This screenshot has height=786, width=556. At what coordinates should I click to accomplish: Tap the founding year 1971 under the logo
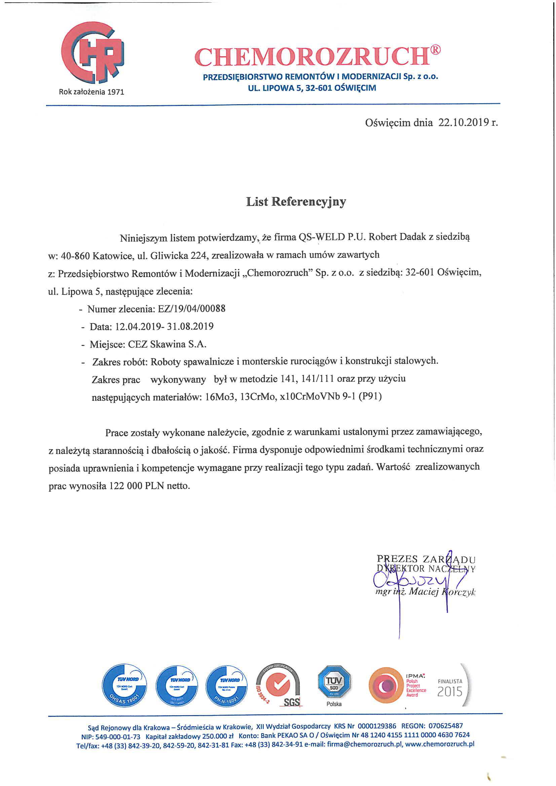pos(115,92)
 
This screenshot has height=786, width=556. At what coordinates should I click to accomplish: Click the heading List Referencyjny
pos(296,202)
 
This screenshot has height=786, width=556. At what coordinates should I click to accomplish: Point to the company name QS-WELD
pos(322,237)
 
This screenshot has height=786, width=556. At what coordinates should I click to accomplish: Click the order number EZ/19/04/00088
pos(191,309)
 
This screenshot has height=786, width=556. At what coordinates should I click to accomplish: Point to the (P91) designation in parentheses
pos(370,396)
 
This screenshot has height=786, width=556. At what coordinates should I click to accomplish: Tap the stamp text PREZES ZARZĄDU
pos(426,559)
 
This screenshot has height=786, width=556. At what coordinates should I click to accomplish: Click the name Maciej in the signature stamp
pos(423,591)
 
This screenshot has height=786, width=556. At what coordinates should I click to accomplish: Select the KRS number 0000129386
pos(376,726)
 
